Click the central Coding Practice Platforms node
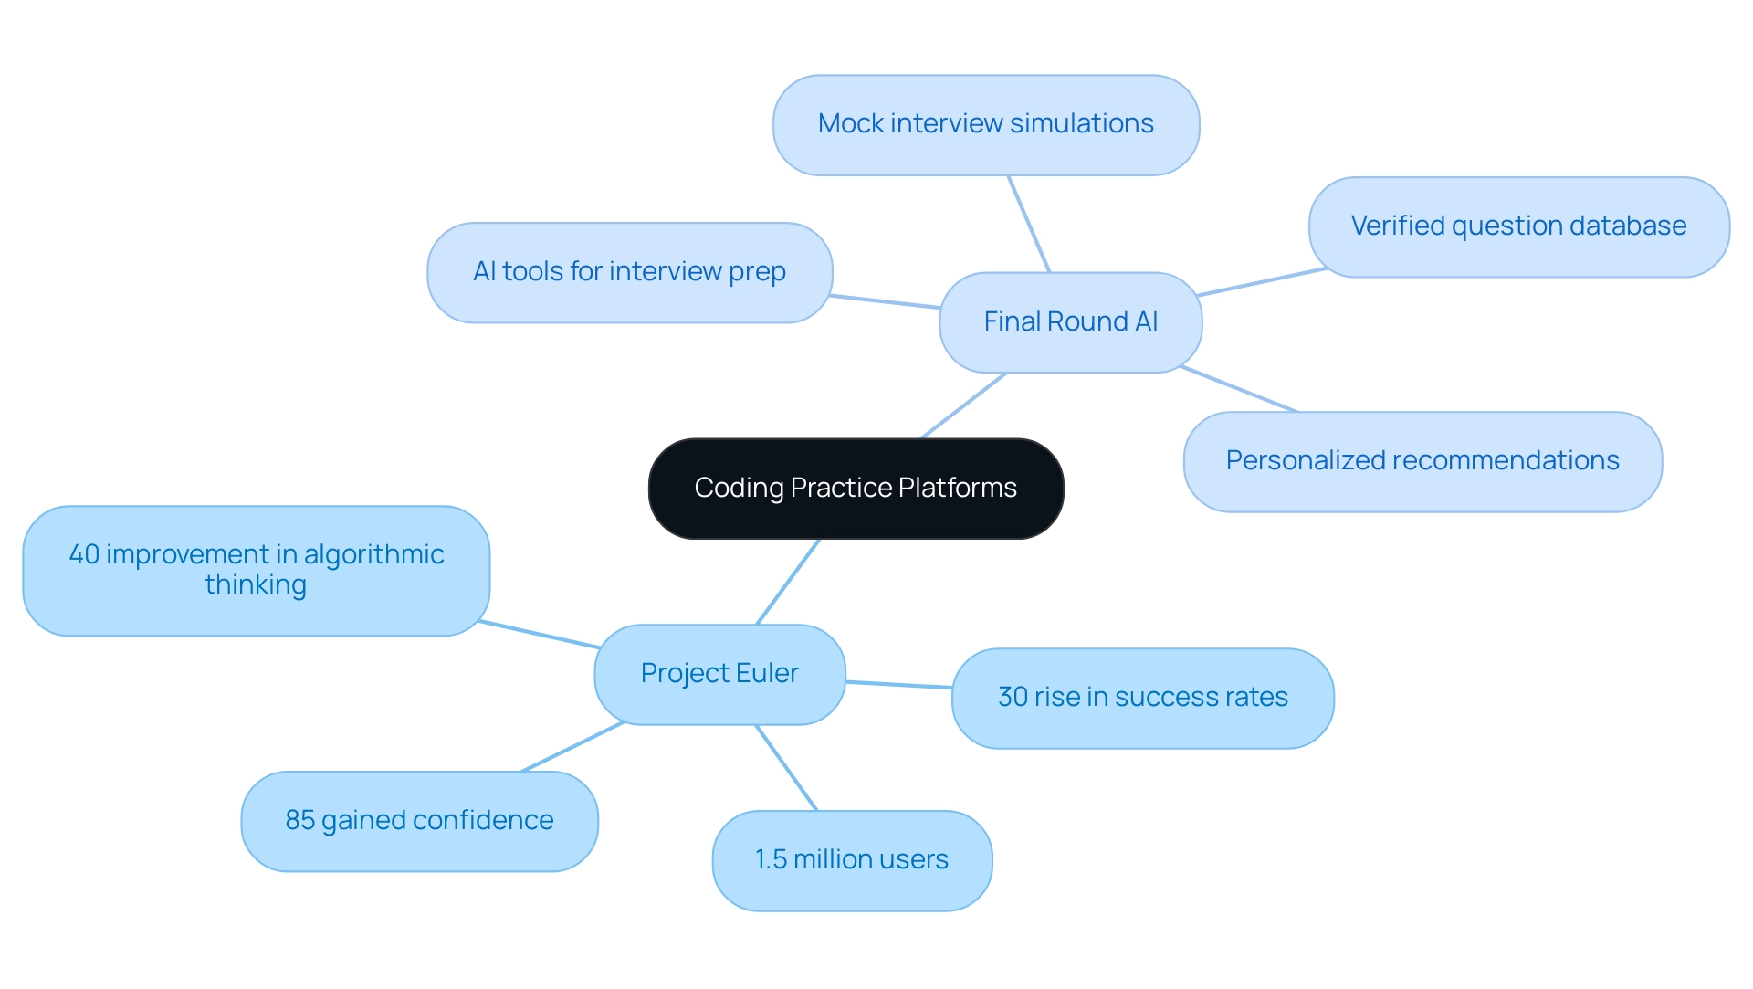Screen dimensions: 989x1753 coord(856,489)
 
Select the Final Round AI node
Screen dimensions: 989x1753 coord(1070,322)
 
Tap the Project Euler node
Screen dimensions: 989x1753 coord(719,674)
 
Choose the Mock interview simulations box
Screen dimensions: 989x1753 coord(985,124)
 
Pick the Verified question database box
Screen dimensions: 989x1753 coord(1518,226)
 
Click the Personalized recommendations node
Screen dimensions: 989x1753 coord(1422,461)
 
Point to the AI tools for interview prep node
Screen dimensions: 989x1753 coord(629,272)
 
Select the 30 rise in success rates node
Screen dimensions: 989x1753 coord(1142,698)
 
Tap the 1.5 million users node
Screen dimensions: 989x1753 coord(851,860)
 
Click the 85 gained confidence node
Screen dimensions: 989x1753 coord(419,821)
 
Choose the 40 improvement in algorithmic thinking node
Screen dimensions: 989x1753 coord(256,570)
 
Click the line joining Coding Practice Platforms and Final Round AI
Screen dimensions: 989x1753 coord(963,405)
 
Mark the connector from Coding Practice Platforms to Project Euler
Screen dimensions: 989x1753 coord(788,582)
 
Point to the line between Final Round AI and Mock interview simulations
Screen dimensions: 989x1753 coord(1029,224)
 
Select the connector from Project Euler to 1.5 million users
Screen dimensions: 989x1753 coord(786,768)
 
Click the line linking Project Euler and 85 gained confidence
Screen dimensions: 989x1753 coord(572,747)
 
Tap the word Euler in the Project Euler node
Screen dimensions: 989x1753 coord(767,673)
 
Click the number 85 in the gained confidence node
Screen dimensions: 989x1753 coord(299,820)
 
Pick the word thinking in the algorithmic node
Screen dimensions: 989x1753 coord(256,585)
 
